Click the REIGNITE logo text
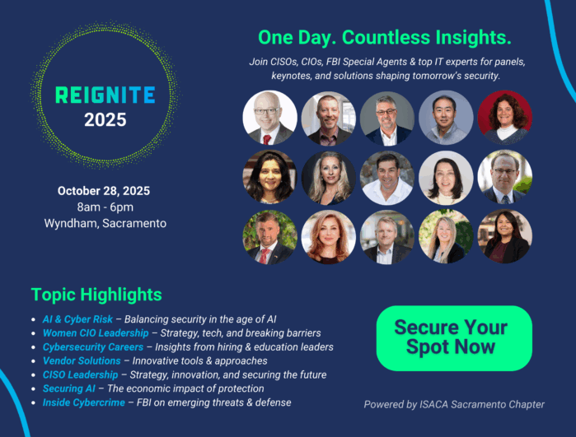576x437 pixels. pos(105,95)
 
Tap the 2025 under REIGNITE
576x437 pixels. pos(105,120)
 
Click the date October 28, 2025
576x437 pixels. pos(104,191)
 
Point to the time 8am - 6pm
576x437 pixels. pos(105,207)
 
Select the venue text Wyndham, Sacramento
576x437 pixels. pos(105,223)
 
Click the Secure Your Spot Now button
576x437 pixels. pos(454,338)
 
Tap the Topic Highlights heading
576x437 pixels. pos(96,295)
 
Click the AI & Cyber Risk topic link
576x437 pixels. pos(77,319)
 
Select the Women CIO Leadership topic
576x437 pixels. pos(96,333)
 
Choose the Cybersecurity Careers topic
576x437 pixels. pos(93,347)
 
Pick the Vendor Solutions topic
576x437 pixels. pos(82,360)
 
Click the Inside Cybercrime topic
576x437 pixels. pos(84,402)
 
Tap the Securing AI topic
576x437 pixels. pos(68,388)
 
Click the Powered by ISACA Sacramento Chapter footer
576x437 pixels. pos(454,404)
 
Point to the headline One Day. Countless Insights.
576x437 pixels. pos(385,37)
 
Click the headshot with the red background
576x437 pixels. pos(505,118)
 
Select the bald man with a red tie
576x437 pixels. pos(270,118)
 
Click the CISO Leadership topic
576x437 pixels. pos(80,374)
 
